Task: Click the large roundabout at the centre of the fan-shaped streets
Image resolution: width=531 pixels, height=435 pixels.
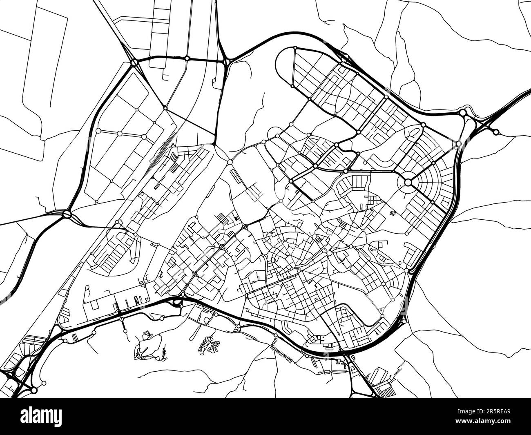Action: click(408, 182)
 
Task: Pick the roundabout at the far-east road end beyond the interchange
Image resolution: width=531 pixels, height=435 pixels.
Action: click(496, 132)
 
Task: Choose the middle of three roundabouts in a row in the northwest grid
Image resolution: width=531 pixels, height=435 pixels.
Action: click(120, 134)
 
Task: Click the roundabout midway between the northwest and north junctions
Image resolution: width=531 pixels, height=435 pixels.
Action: click(187, 59)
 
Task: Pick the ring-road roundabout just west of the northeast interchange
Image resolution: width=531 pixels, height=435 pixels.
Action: click(463, 112)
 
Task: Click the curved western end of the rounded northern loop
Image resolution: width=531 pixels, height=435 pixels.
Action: click(278, 65)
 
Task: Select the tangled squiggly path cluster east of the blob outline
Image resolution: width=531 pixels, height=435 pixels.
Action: click(208, 345)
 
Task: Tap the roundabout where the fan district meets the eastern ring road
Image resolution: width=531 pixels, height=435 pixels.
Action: click(458, 144)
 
